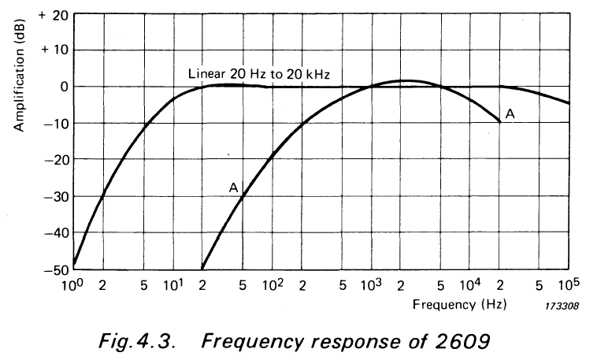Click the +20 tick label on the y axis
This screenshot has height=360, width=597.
point(57,14)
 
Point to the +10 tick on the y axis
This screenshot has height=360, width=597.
point(57,50)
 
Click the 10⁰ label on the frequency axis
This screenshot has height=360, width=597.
point(73,284)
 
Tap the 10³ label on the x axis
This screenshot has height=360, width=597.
point(371,284)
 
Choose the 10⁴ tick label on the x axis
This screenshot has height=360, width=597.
point(470,284)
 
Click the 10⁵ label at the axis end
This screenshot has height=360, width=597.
point(569,284)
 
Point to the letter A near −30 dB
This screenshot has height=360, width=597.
point(233,187)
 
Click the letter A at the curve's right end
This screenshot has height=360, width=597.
point(510,115)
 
